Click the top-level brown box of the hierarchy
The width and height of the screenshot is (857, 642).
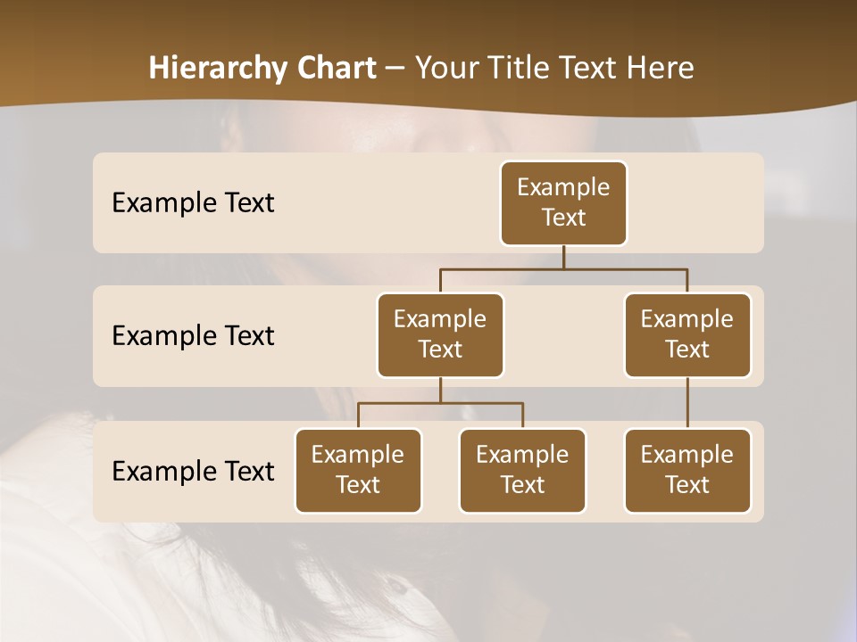coord(563,202)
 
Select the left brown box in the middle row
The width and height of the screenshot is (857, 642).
coord(440,334)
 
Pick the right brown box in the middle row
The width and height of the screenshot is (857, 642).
coord(687,334)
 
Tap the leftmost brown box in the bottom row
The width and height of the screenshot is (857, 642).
coord(358,470)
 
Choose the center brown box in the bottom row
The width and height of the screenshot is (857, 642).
coord(522,470)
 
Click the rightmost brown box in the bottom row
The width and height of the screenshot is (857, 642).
coord(687,470)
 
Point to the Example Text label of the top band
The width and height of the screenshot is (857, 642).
coord(193,202)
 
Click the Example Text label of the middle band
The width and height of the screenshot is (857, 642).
coord(193,335)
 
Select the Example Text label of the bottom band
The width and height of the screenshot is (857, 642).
coord(193,471)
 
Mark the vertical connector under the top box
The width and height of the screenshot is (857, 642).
coord(563,257)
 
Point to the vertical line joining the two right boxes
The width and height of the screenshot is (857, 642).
coord(687,403)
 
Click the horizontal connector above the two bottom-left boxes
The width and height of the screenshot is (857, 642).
coord(440,403)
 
